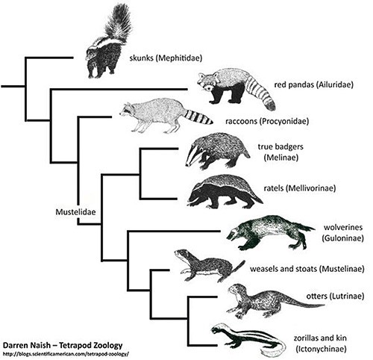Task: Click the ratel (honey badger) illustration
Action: [224, 191]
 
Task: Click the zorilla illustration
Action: [248, 338]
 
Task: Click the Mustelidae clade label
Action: [75, 212]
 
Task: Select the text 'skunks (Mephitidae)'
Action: [166, 58]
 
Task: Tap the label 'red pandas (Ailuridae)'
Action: [313, 85]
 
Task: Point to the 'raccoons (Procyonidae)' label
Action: [267, 122]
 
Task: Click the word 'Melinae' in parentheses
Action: [281, 158]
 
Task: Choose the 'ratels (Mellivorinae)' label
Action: [300, 188]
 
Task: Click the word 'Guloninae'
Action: [343, 238]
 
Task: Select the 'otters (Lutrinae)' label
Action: [335, 297]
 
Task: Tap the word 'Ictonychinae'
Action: [321, 349]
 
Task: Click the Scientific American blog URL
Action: [66, 354]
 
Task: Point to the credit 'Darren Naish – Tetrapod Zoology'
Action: [63, 346]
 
